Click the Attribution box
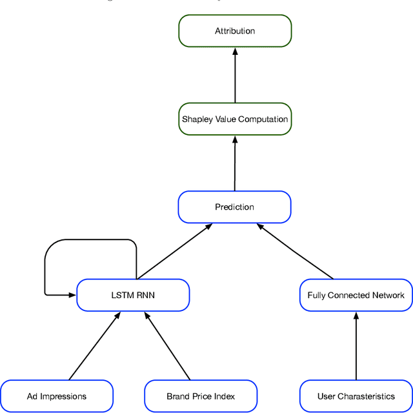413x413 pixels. click(x=235, y=31)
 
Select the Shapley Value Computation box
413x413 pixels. click(x=235, y=119)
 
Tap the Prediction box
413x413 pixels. click(x=235, y=207)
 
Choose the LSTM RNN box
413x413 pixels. click(x=133, y=296)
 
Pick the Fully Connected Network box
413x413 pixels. click(x=356, y=296)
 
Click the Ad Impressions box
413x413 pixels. click(x=57, y=396)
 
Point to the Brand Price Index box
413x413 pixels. click(x=201, y=396)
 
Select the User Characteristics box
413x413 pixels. click(x=356, y=396)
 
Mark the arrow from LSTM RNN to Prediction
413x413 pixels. click(x=174, y=252)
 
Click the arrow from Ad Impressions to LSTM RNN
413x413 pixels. click(x=94, y=346)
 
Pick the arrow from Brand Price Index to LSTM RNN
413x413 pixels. click(x=168, y=346)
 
